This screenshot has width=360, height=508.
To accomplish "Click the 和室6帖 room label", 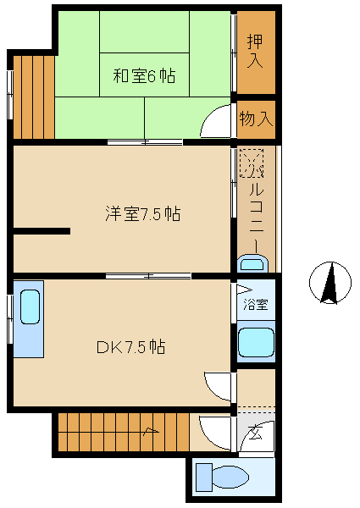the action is click(144, 76).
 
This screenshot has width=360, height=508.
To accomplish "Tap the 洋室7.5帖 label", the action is click(143, 214).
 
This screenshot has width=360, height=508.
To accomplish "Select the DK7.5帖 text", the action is click(131, 347).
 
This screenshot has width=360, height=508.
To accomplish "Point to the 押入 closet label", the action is click(255, 51).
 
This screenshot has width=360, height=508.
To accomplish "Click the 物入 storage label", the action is click(256, 119).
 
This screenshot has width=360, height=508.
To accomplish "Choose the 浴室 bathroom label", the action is click(256, 304).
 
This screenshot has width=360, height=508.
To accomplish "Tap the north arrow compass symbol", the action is click(330, 283).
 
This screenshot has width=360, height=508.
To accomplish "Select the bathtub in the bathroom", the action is click(256, 342).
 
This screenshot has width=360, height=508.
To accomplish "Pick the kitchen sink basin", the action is click(30, 306).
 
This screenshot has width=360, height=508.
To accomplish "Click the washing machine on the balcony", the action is click(252, 263).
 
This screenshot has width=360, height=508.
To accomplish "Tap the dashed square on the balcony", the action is click(252, 163).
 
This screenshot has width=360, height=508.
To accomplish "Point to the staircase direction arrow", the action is click(151, 431).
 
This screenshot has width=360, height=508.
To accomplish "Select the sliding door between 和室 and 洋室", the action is click(145, 142).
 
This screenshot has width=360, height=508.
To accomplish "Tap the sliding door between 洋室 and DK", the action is click(148, 276).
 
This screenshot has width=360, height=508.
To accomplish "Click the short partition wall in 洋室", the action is click(42, 231).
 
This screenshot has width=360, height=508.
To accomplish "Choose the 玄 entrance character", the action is click(256, 433).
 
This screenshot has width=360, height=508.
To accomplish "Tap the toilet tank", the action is click(204, 478).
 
